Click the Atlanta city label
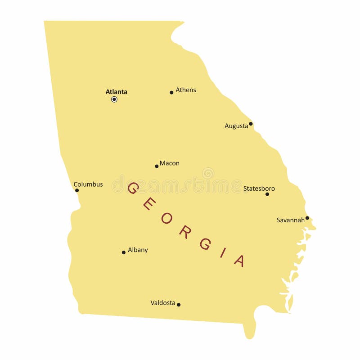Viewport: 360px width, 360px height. coord(116,92)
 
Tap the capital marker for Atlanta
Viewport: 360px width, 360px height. coord(114,99)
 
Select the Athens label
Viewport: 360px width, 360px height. coord(186,90)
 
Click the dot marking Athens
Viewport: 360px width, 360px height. coord(171,93)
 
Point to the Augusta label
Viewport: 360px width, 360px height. coord(236,126)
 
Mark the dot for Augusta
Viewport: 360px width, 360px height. coord(251,124)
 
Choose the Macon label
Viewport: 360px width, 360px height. coord(170,163)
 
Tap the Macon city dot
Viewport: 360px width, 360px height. coord(157,166)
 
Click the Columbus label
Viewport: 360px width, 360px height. coord(88,184)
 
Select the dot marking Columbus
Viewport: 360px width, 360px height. coord(77,190)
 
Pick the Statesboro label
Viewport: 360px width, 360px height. coord(259,189)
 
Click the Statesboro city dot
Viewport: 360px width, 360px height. coord(267,194)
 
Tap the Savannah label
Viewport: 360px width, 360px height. coord(291,220)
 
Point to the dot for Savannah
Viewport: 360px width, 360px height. coord(307,218)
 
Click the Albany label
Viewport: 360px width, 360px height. coord(138,250)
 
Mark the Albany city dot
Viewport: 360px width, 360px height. coord(124,252)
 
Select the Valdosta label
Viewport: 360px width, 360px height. coord(163,303)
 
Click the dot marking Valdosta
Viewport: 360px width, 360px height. coord(179,305)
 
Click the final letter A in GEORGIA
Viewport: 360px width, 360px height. coord(240,261)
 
